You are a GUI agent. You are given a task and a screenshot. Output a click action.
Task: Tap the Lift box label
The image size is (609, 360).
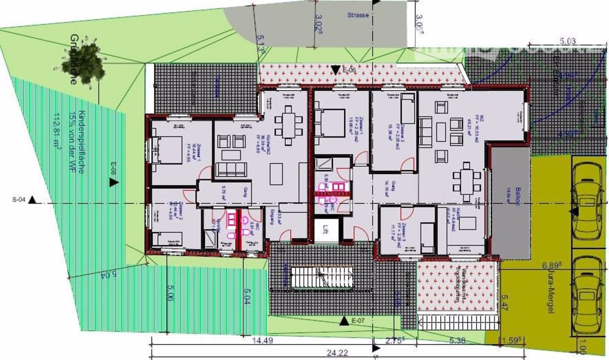[x=326, y=230]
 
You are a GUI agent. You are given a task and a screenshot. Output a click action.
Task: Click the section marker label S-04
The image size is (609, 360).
[x=19, y=199]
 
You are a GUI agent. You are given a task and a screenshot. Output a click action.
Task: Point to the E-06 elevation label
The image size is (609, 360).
[x=348, y=71]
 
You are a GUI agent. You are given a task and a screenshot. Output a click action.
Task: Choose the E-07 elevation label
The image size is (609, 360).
[x=358, y=320]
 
